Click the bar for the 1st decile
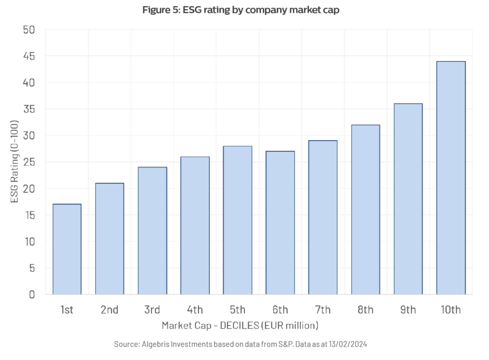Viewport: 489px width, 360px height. click(67, 249)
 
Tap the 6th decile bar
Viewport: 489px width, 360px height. click(280, 222)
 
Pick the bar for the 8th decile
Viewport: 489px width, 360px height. click(365, 210)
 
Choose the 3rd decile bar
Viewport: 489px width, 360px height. click(152, 231)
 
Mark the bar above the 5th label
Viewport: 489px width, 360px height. click(237, 220)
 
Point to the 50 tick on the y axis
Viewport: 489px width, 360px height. click(29, 30)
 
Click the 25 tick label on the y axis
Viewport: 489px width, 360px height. click(29, 162)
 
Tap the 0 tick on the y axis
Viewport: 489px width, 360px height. click(32, 295)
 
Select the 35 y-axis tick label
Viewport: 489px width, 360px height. click(29, 109)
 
